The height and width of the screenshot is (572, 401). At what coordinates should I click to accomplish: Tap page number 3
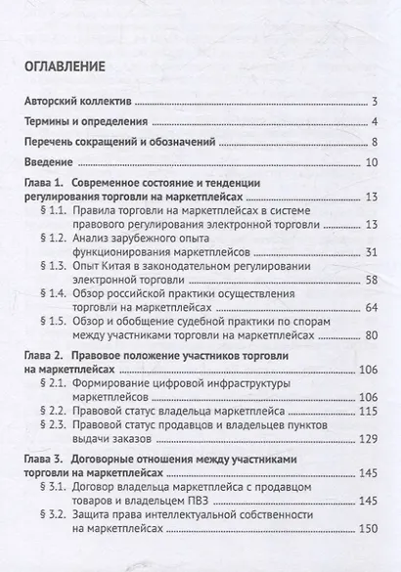coord(375,102)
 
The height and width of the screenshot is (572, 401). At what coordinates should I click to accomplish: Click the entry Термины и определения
coord(85,122)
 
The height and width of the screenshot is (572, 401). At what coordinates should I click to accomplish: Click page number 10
coord(372,161)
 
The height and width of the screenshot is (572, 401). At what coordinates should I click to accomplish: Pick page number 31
coord(372,253)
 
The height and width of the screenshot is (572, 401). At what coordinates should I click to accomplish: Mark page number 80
coord(372,334)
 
